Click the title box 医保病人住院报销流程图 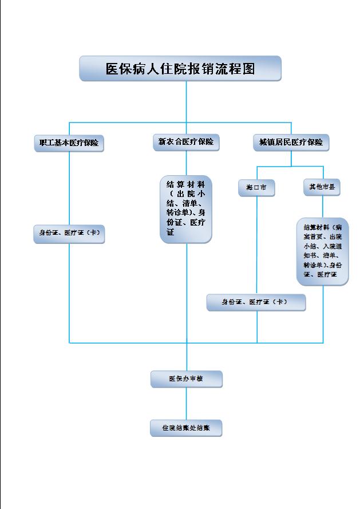click(x=180, y=69)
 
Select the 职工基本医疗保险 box click(x=69, y=143)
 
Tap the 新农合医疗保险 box click(x=186, y=142)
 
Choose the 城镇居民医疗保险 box click(x=291, y=142)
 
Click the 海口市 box click(x=256, y=188)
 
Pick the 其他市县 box click(x=322, y=187)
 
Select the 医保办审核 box click(x=186, y=379)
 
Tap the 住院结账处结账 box click(x=186, y=428)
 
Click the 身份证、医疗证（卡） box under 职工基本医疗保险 click(x=69, y=234)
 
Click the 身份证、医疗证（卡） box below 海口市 click(x=255, y=302)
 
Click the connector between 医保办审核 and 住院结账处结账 click(x=186, y=403)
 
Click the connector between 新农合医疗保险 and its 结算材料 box click(x=186, y=162)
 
